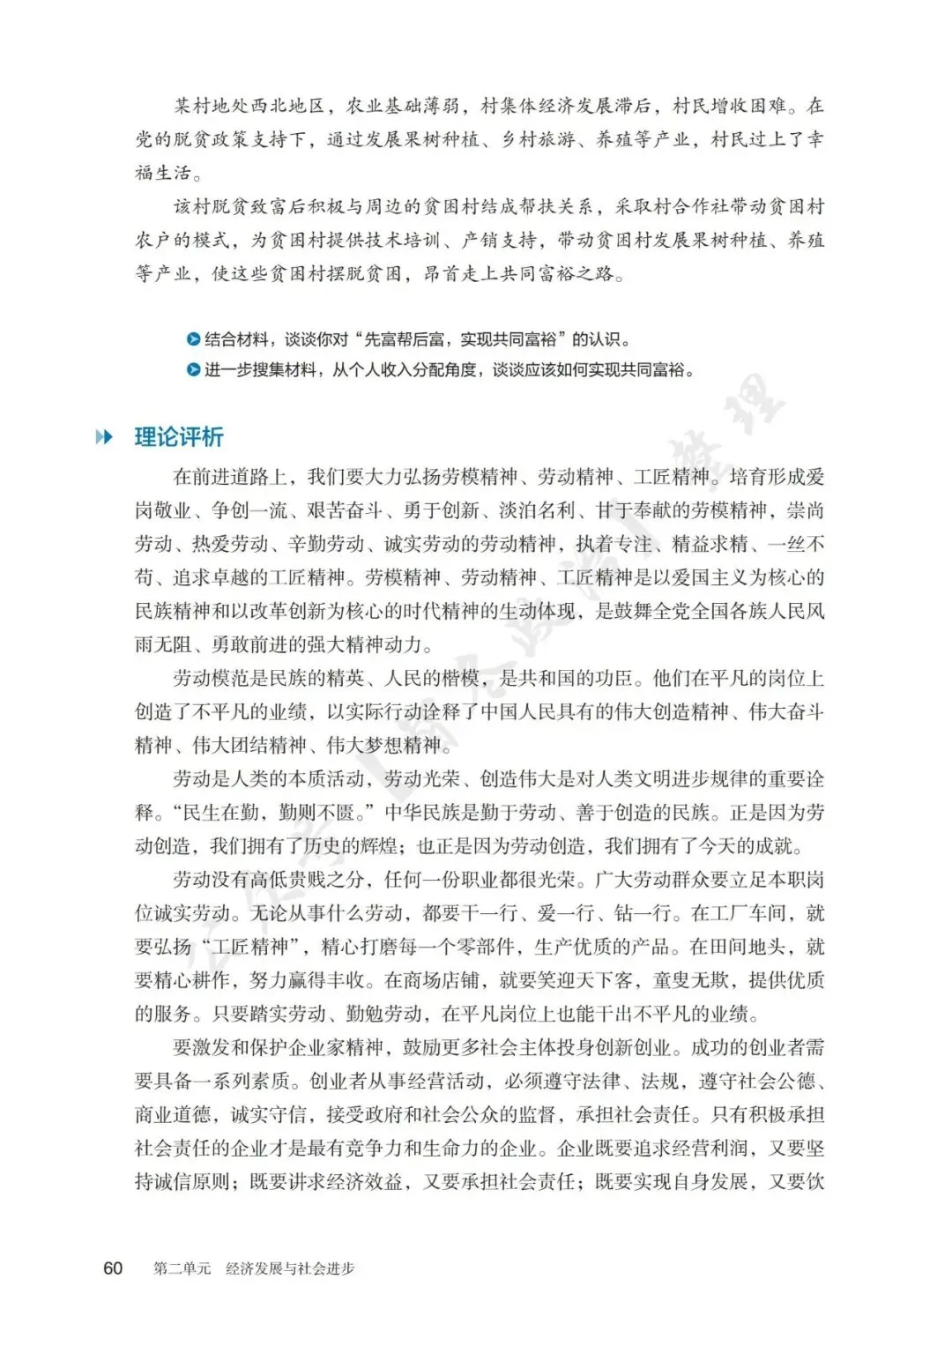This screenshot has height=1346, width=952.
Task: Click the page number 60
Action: (113, 1268)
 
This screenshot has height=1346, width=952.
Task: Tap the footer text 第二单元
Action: (182, 1268)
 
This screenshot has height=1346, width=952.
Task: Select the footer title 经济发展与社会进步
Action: (290, 1268)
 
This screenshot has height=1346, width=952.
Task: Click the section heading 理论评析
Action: (179, 436)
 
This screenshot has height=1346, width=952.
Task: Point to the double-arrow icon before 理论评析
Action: (105, 436)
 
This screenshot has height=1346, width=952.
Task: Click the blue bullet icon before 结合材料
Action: (194, 338)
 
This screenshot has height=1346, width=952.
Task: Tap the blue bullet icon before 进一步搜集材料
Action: (194, 369)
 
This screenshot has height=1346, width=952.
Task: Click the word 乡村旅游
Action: (539, 139)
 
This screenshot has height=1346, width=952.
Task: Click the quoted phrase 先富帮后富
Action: (406, 338)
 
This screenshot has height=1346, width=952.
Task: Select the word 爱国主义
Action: (699, 577)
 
